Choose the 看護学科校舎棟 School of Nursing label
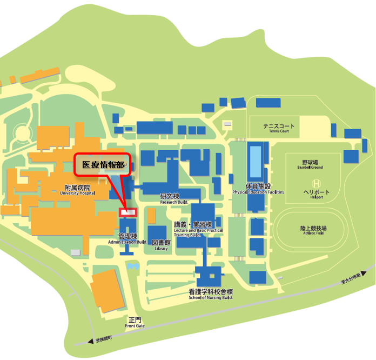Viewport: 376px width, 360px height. coord(210,294)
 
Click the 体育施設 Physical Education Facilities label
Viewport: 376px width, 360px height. coord(258,189)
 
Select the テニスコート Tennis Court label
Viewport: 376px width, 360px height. coord(276,128)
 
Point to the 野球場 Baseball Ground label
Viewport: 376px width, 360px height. coord(310,164)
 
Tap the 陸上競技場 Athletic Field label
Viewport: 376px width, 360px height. coord(313,230)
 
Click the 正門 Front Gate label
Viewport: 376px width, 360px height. coord(135,322)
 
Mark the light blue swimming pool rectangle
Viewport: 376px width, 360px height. coord(256,162)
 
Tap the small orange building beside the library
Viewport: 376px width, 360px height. coord(152,216)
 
